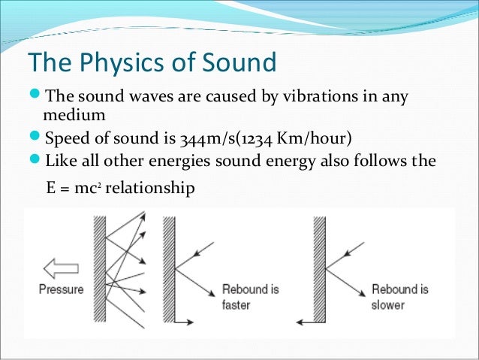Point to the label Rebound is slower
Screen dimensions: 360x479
click(x=400, y=297)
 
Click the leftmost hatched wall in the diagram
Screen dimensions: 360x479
click(x=98, y=271)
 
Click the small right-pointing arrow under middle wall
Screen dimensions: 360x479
click(x=185, y=322)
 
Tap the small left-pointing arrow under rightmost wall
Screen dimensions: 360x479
click(x=308, y=322)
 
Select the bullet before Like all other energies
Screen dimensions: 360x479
click(x=36, y=161)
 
